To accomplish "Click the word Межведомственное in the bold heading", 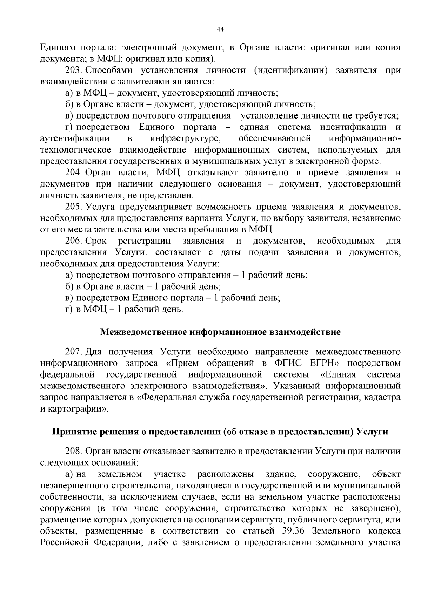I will [x=144, y=332].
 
